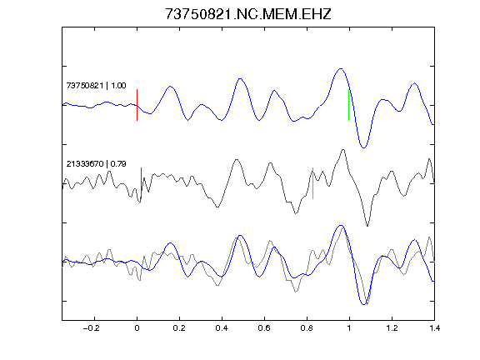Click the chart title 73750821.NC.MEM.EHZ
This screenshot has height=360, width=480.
[x=248, y=14]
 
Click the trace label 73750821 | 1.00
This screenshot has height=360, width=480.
[x=96, y=85]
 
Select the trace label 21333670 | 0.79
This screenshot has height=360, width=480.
[x=96, y=164]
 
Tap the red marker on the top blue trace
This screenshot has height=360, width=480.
[x=137, y=105]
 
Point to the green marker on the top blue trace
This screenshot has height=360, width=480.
[x=348, y=105]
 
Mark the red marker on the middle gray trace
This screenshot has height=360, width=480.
[x=141, y=183]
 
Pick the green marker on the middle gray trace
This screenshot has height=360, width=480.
[x=312, y=183]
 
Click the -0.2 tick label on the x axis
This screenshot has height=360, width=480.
[x=92, y=328]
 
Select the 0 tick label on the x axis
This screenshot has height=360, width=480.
[x=137, y=328]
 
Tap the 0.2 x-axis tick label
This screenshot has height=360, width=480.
[x=179, y=328]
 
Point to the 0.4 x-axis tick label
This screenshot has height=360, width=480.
[x=222, y=328]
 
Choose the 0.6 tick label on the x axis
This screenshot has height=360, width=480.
[x=264, y=328]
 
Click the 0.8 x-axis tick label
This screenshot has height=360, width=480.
[x=307, y=328]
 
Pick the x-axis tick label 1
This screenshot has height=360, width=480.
[x=349, y=328]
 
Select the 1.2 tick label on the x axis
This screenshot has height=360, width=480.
[x=392, y=328]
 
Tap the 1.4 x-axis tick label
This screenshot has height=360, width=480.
[x=434, y=328]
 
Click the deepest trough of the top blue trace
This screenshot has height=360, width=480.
[x=363, y=147]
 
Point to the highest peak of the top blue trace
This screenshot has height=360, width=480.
[x=341, y=69]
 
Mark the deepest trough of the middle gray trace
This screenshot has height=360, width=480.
[x=367, y=226]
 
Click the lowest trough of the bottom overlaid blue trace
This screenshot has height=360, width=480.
[x=363, y=304]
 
